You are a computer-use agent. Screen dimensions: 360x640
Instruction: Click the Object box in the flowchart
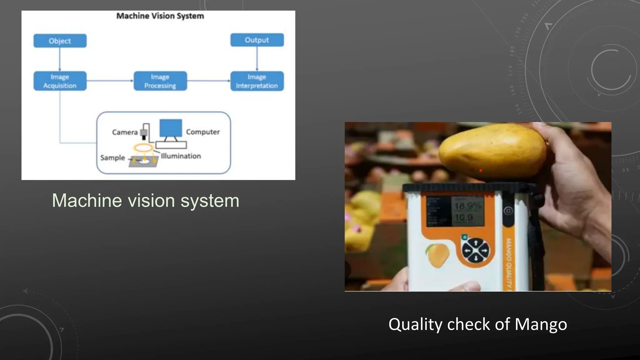[60, 41]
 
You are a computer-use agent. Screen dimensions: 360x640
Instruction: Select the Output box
[257, 40]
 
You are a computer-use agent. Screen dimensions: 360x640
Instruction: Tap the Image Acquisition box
[60, 81]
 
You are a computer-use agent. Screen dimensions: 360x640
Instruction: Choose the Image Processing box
[160, 81]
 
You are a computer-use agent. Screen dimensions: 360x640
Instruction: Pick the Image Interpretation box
[257, 81]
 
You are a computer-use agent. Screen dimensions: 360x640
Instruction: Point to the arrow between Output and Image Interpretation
[257, 59]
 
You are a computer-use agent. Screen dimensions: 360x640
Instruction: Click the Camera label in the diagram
[125, 132]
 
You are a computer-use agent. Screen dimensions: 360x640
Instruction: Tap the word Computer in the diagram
[203, 132]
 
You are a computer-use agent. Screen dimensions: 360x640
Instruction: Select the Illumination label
[181, 156]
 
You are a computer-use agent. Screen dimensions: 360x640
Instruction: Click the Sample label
[112, 157]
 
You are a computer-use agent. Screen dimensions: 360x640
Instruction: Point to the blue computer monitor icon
[171, 128]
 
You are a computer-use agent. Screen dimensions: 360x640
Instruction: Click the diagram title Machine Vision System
[160, 16]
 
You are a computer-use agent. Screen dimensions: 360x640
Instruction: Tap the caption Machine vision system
[146, 200]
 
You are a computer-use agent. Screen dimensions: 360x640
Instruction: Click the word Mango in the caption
[541, 324]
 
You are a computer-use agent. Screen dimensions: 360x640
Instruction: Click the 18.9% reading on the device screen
[467, 206]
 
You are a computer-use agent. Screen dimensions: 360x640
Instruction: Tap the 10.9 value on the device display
[464, 217]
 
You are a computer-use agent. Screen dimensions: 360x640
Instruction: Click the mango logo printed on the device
[437, 255]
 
